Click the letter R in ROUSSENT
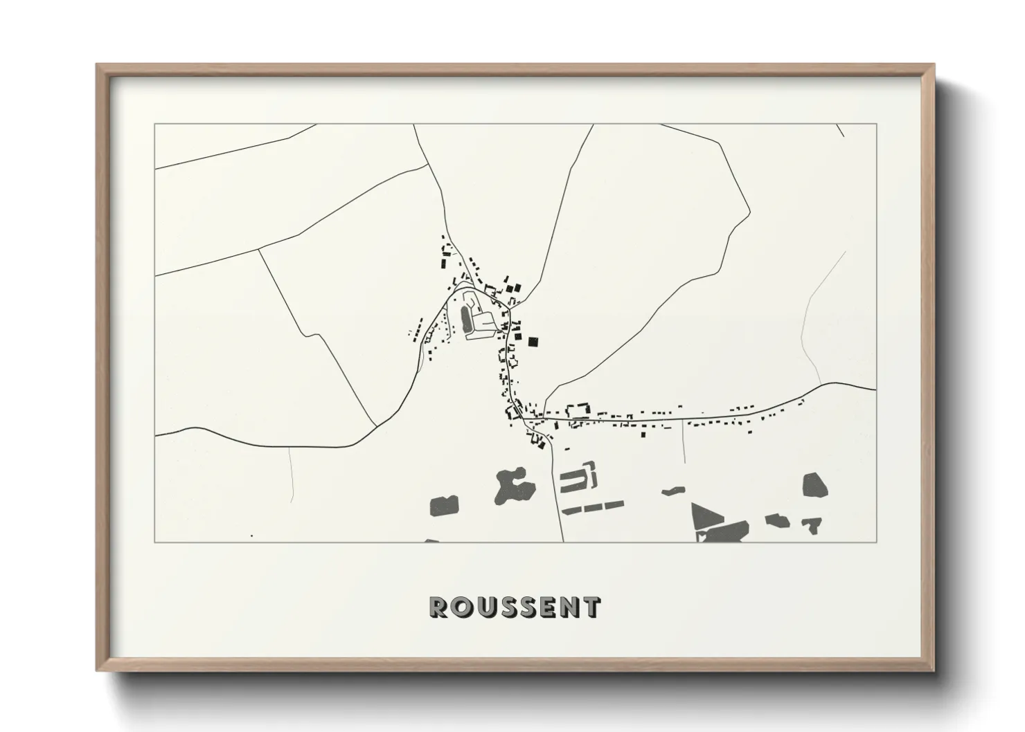(439, 607)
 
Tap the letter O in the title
(461, 607)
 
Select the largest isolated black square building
(533, 340)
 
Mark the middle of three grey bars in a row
(591, 508)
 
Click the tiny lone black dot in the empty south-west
(251, 536)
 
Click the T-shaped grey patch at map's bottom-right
(812, 526)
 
